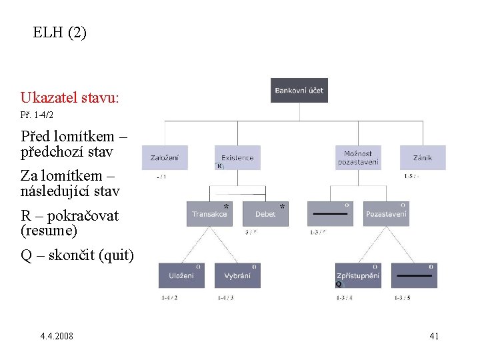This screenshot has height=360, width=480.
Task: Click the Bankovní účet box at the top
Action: tap(299, 90)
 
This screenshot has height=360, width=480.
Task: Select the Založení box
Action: tap(164, 157)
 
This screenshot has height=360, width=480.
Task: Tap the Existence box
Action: tap(238, 157)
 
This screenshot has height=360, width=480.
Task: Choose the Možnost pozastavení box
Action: tap(358, 157)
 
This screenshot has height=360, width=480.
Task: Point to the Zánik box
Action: tap(422, 157)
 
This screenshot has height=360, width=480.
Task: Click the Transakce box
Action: tap(209, 214)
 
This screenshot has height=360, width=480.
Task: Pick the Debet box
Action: tap(265, 214)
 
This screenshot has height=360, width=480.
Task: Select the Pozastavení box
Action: tap(387, 214)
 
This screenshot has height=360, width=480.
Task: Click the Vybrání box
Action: tap(237, 275)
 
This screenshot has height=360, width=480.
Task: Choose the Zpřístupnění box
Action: tap(358, 275)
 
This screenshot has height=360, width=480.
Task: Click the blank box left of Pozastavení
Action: tap(330, 214)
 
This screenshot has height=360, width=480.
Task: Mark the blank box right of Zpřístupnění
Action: tap(414, 275)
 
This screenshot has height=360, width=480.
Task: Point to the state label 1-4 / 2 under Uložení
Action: tap(169, 297)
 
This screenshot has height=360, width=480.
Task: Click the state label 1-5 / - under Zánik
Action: tap(411, 177)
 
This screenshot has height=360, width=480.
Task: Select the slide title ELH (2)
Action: tap(59, 32)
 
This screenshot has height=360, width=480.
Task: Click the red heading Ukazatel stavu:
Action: tap(69, 97)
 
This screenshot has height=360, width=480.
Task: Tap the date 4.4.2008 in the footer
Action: tap(57, 336)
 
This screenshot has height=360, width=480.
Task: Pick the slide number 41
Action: tap(434, 336)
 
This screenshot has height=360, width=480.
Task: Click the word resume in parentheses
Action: tap(50, 231)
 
